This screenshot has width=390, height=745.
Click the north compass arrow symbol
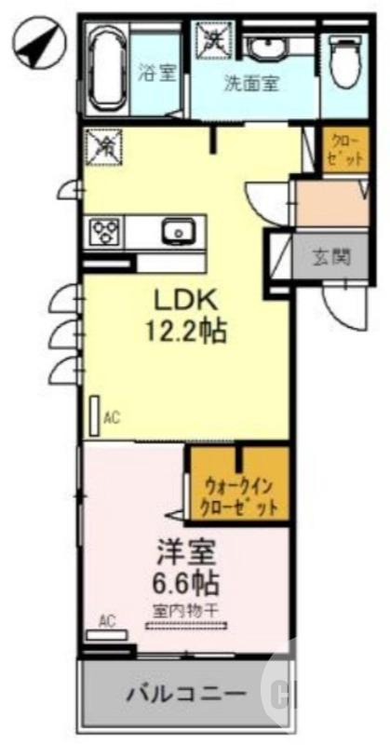click(35, 43)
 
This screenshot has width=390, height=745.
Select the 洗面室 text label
click(250, 81)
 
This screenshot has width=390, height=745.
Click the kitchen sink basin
click(176, 231)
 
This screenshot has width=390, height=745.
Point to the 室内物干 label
click(186, 611)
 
